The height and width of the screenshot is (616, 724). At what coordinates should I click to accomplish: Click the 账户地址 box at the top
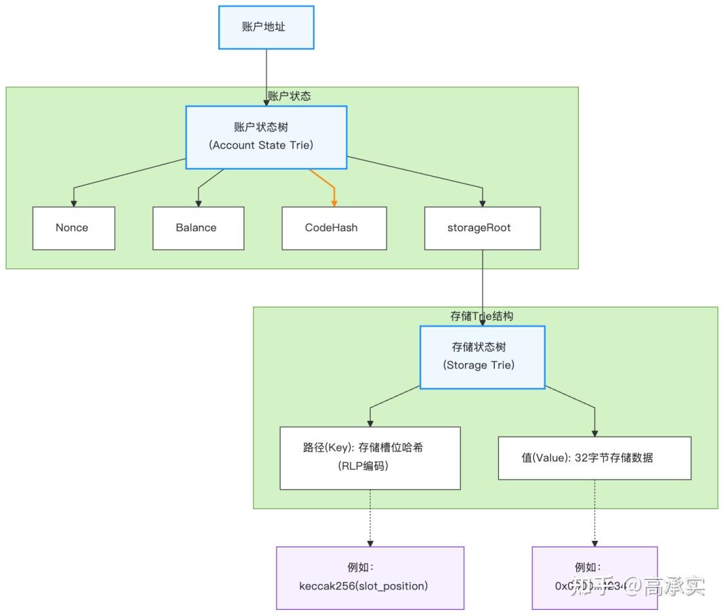pyautogui.click(x=266, y=28)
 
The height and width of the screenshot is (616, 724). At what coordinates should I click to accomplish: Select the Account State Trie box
pyautogui.click(x=266, y=137)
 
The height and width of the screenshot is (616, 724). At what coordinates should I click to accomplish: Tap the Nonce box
pyautogui.click(x=73, y=228)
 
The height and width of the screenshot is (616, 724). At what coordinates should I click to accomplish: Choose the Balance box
pyautogui.click(x=198, y=228)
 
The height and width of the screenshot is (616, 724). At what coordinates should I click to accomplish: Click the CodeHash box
pyautogui.click(x=334, y=228)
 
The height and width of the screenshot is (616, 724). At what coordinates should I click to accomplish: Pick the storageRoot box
pyautogui.click(x=482, y=228)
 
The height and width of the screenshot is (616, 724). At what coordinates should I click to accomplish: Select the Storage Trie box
pyautogui.click(x=482, y=356)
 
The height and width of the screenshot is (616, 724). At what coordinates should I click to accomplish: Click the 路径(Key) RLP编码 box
pyautogui.click(x=369, y=457)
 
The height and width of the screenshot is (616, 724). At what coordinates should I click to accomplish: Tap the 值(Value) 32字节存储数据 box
pyautogui.click(x=595, y=457)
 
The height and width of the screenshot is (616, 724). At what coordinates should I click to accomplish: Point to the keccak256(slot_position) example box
pyautogui.click(x=369, y=577)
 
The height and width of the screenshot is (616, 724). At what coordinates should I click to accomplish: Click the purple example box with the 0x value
pyautogui.click(x=595, y=577)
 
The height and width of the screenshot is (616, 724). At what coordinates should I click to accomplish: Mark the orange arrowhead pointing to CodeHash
pyautogui.click(x=334, y=203)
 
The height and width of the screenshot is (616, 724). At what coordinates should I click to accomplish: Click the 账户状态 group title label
pyautogui.click(x=289, y=96)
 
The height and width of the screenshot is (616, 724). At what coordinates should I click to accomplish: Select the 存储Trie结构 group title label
pyautogui.click(x=482, y=316)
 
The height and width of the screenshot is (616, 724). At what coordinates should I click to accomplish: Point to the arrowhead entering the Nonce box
pyautogui.click(x=73, y=203)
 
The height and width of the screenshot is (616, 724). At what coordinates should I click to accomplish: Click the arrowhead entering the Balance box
pyautogui.click(x=198, y=203)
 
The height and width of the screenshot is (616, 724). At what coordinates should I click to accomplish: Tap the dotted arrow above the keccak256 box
pyautogui.click(x=369, y=518)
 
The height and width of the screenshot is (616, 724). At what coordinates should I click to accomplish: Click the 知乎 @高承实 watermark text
pyautogui.click(x=637, y=585)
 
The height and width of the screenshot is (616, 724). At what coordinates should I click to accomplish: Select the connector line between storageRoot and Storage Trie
pyautogui.click(x=482, y=285)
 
